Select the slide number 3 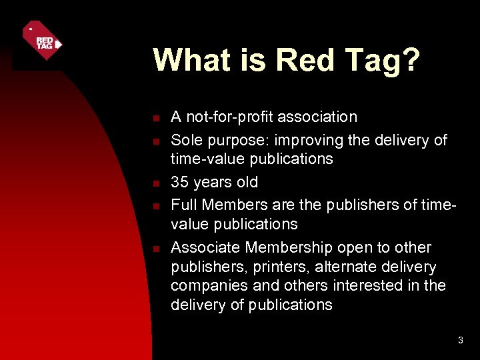pyautogui.click(x=460, y=341)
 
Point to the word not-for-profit pyautogui.click(x=228, y=117)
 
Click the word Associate pyautogui.click(x=205, y=247)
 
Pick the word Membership pyautogui.click(x=289, y=247)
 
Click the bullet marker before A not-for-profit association pyautogui.click(x=155, y=119)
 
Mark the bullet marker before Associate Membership pyautogui.click(x=155, y=249)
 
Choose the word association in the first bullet pyautogui.click(x=317, y=117)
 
